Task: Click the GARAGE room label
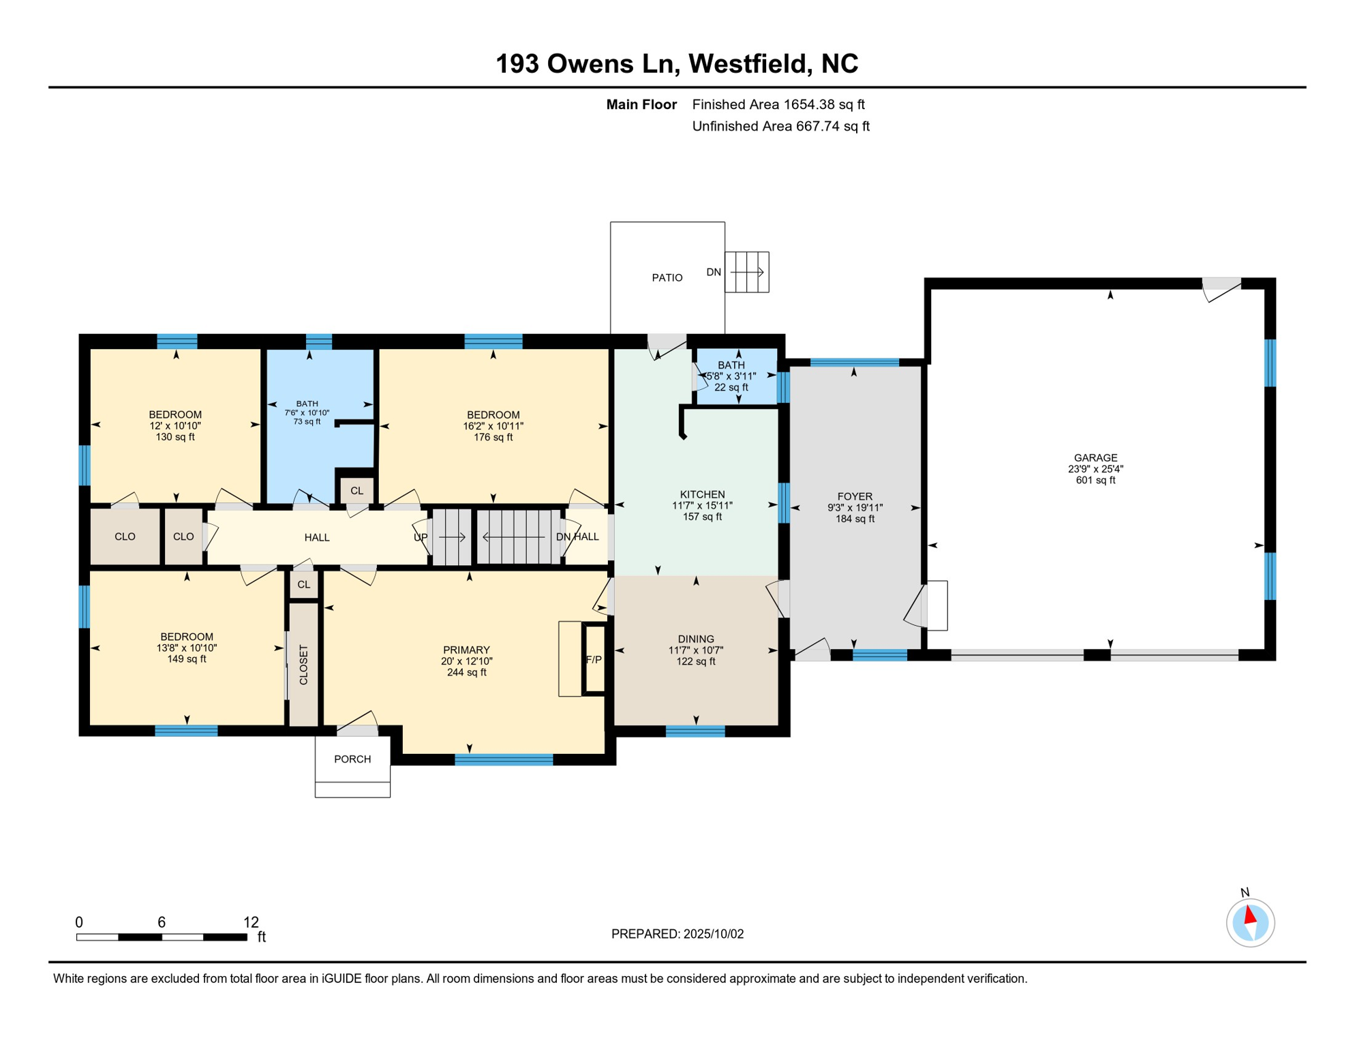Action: [x=1095, y=458]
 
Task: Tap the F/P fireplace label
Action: [x=594, y=660]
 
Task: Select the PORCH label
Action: [x=352, y=759]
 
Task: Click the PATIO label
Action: [x=667, y=277]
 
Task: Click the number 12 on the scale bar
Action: [x=251, y=922]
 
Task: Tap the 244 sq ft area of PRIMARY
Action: [x=466, y=672]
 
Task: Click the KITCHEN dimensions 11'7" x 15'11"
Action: [x=702, y=506]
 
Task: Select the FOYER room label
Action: [x=855, y=496]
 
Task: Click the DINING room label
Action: [x=696, y=639]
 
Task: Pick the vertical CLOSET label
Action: [x=304, y=665]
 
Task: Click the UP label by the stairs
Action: [x=421, y=537]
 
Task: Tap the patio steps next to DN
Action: [x=747, y=272]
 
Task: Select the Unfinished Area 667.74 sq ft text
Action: [x=780, y=126]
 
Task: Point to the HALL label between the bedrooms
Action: [x=317, y=538]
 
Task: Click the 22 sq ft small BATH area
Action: [x=731, y=387]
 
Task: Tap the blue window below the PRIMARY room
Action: [x=504, y=760]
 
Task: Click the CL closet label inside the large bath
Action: [x=356, y=491]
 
